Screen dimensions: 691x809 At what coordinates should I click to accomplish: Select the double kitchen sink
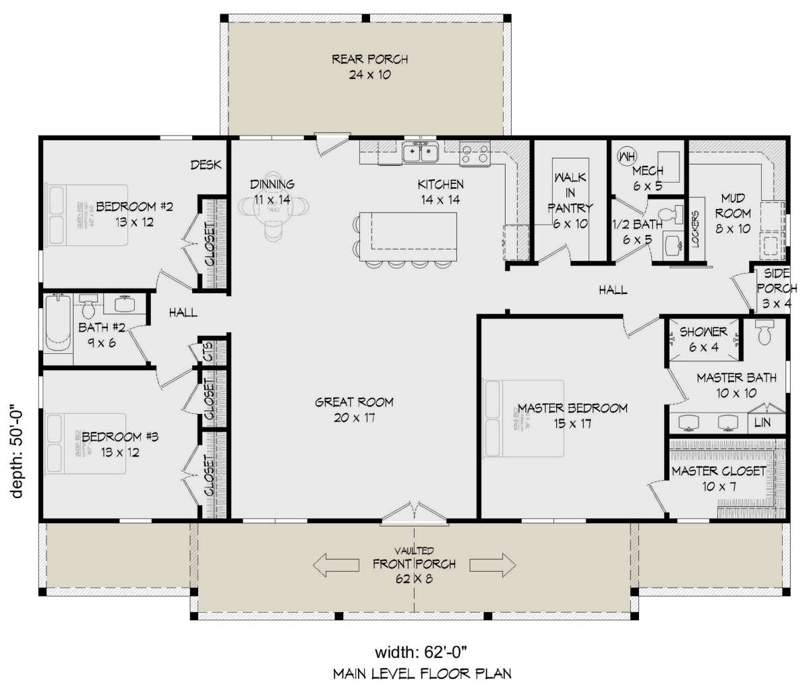[x=421, y=154]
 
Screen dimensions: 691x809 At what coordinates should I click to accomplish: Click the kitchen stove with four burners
[x=475, y=154]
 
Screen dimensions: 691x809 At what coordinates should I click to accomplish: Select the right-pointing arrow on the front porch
[x=493, y=564]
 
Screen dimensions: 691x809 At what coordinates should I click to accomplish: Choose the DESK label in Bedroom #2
[x=206, y=165]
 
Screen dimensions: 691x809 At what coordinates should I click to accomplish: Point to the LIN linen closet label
[x=762, y=423]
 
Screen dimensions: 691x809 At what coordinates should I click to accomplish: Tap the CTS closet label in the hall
[x=208, y=351]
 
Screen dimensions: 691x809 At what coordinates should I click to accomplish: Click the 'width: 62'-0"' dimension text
[x=421, y=652]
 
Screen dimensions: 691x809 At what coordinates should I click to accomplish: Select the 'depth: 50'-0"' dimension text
[x=18, y=451]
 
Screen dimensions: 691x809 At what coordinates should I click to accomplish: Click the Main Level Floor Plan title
[x=421, y=673]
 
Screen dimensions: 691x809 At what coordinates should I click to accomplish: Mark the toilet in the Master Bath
[x=765, y=333]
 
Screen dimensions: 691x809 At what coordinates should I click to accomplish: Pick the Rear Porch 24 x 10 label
[x=369, y=67]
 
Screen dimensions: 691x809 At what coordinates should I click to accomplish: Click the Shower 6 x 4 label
[x=703, y=338]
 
